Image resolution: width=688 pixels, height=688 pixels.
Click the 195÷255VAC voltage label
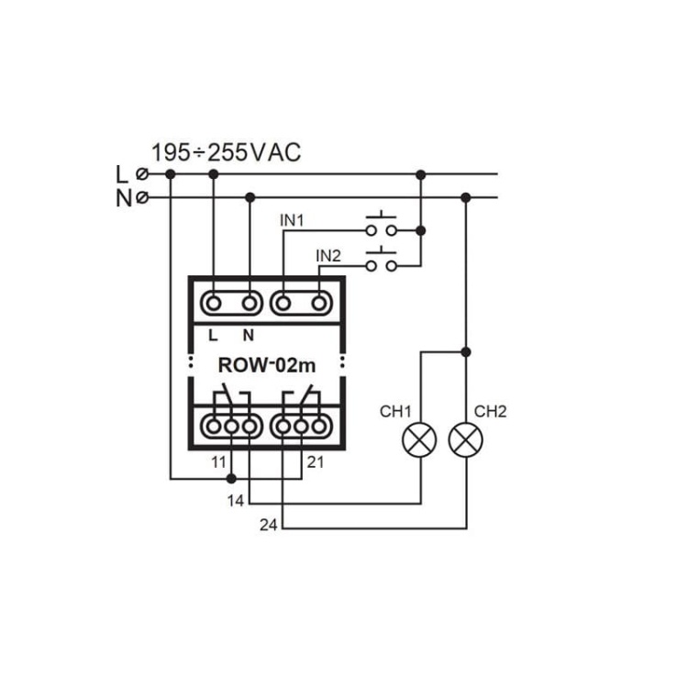point(226,152)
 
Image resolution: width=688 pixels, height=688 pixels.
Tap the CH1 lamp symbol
point(419,439)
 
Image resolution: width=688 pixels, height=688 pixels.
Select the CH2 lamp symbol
point(466,439)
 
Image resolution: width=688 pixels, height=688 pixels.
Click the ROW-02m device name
point(267,365)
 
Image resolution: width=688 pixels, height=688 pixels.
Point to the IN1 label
point(292,221)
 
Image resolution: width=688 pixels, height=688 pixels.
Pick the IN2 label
point(328,256)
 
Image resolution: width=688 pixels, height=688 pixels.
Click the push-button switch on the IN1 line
point(382,225)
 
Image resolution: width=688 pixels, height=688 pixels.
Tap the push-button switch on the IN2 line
point(382,261)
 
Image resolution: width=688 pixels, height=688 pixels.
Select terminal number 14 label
point(235,501)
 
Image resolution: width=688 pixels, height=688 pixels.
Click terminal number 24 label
point(269,525)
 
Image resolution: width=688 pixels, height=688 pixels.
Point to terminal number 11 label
point(218,462)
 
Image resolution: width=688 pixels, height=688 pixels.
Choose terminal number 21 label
point(316,462)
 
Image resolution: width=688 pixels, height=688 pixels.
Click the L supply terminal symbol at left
point(142,174)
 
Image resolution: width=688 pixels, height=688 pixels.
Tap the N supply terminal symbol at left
point(142,198)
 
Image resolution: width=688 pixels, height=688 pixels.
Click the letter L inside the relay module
point(213,336)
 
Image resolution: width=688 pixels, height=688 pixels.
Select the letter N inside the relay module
point(249,336)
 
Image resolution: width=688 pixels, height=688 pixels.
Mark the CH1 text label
point(395,412)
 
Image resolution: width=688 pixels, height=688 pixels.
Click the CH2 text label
point(491,412)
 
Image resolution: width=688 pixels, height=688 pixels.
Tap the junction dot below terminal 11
point(232,479)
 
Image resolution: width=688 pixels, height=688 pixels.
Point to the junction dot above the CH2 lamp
point(466,352)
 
